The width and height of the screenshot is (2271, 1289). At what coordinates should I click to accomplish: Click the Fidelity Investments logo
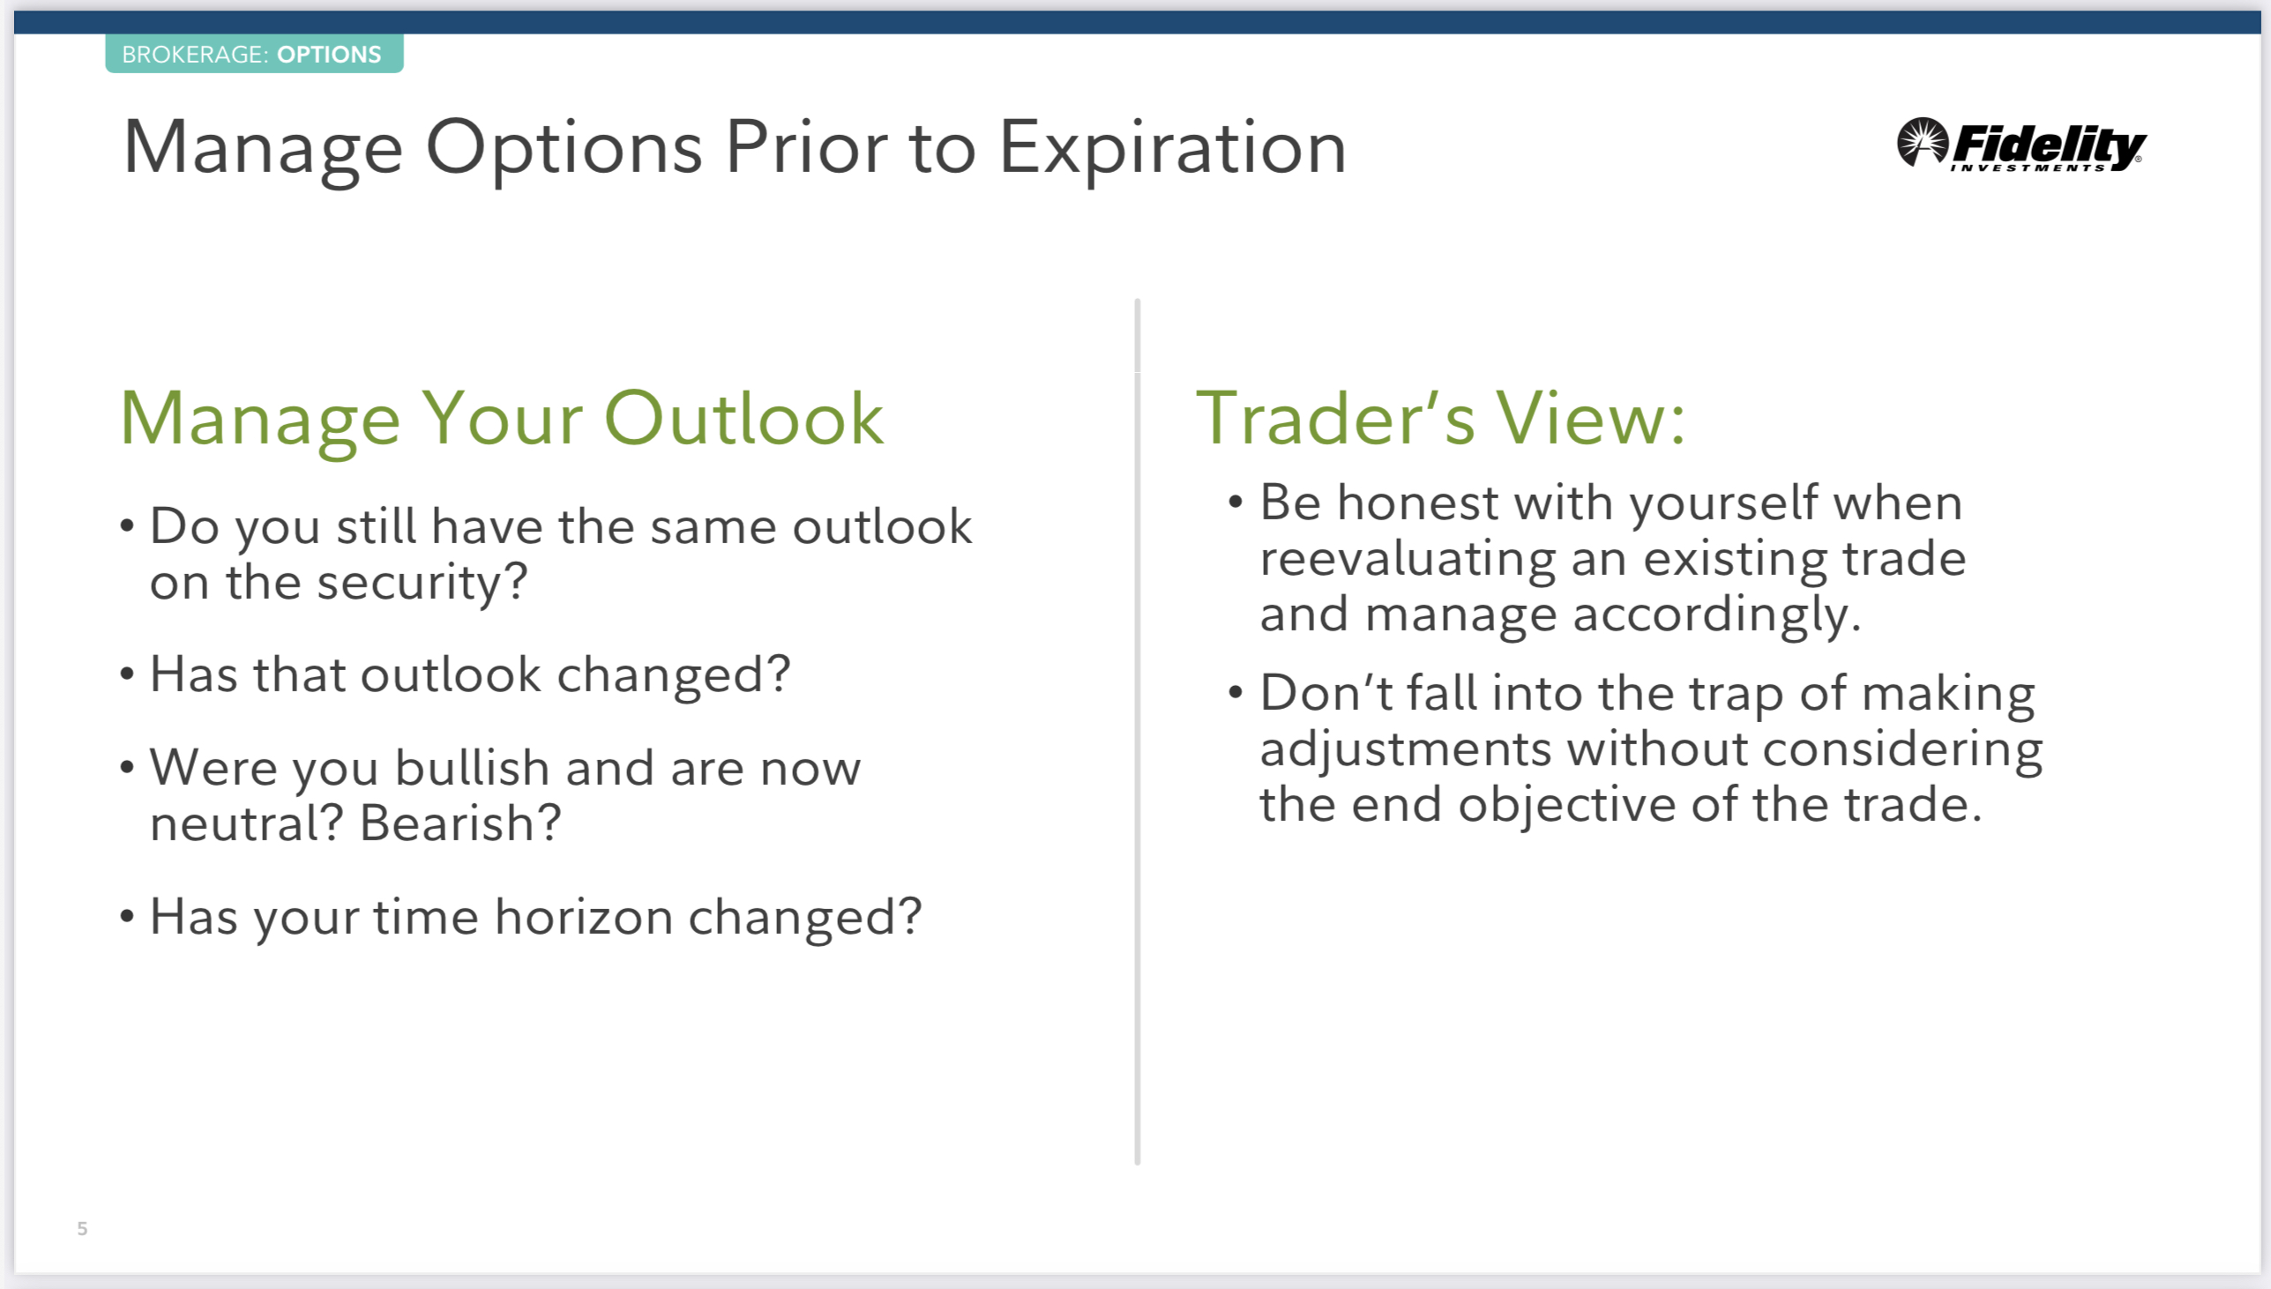(x=2021, y=145)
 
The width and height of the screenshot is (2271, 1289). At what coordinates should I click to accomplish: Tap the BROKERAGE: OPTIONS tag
(x=254, y=54)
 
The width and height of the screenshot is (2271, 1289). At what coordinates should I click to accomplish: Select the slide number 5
(x=82, y=1228)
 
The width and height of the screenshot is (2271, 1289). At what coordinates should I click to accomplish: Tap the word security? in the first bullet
(x=422, y=584)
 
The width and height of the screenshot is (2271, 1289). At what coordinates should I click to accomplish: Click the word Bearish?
(x=460, y=823)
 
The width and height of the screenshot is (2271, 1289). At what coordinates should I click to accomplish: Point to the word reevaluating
(x=1408, y=561)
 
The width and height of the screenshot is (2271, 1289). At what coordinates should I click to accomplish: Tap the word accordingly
(x=1717, y=615)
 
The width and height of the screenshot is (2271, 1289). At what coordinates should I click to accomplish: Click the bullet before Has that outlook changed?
(x=127, y=674)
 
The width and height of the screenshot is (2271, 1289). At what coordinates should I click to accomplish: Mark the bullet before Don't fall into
(x=1236, y=692)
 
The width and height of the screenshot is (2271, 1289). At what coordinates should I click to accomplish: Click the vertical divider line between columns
(x=1137, y=732)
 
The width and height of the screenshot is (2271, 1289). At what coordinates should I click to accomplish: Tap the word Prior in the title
(x=807, y=147)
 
